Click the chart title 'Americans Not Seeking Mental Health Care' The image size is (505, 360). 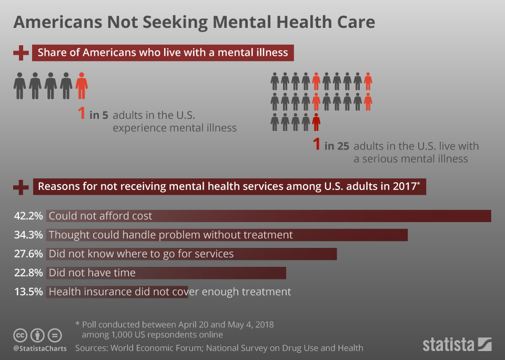[x=194, y=22]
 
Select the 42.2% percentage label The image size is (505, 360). [x=28, y=216]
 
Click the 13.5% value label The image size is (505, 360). [x=28, y=292]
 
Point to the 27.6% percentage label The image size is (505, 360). [x=28, y=254]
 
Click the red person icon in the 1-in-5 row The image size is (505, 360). [x=82, y=86]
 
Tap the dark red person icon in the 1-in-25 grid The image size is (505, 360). [x=316, y=122]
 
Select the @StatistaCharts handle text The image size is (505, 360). [x=40, y=348]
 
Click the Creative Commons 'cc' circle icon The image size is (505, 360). [x=21, y=335]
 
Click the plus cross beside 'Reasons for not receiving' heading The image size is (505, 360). [x=21, y=186]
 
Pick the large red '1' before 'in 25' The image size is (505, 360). [x=316, y=145]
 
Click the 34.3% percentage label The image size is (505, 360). [x=28, y=235]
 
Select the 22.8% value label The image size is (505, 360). [x=28, y=273]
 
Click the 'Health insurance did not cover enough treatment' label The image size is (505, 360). [x=169, y=292]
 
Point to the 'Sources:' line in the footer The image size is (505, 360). [x=219, y=348]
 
